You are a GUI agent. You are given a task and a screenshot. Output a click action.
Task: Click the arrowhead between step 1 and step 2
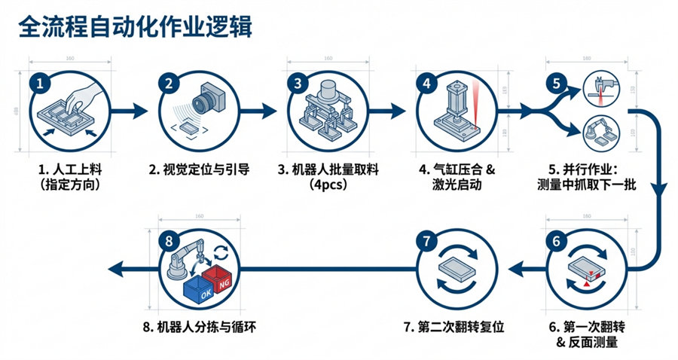141,111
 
